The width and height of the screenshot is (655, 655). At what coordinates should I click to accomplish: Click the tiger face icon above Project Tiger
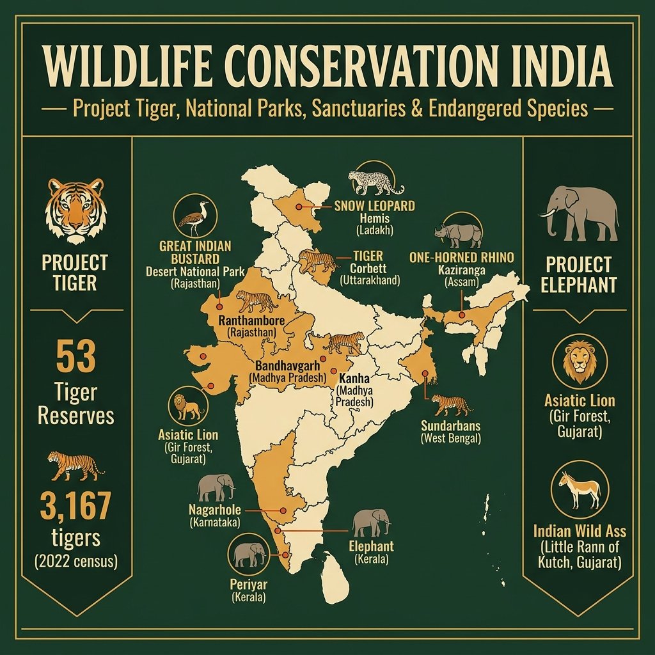tap(75, 206)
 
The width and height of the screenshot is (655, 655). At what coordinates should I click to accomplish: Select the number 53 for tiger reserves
tap(75, 357)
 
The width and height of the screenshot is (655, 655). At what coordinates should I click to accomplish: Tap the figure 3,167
tap(75, 507)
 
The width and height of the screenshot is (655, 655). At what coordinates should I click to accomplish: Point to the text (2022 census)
tap(75, 562)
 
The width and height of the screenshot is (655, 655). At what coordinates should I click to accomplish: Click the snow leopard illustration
tap(375, 181)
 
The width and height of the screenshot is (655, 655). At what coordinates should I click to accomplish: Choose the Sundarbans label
tap(451, 425)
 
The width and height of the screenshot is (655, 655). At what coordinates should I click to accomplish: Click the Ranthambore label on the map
tap(251, 319)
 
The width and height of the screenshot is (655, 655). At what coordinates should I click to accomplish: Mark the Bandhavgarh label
tap(288, 367)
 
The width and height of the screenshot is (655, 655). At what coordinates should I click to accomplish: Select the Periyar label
tap(247, 585)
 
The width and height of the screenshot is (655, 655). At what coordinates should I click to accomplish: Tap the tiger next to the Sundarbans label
tap(451, 404)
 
